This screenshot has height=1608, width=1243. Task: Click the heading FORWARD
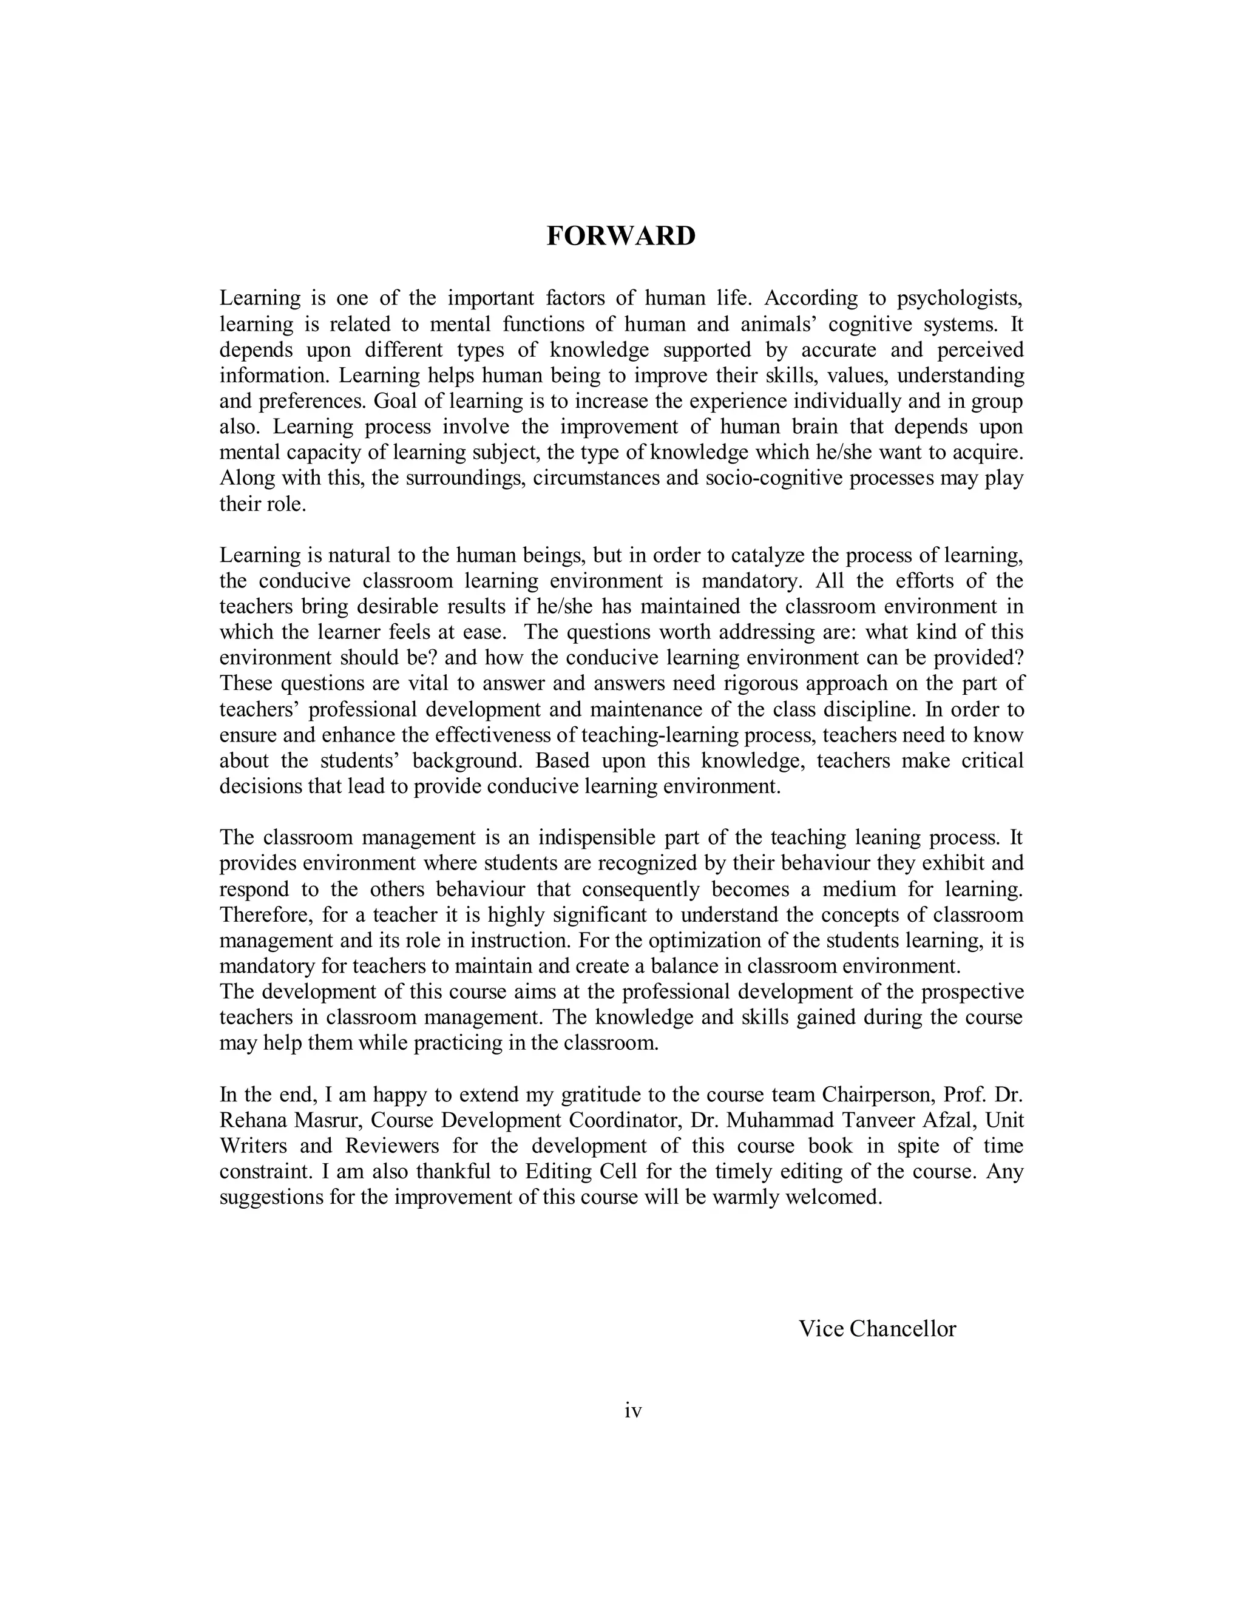tap(621, 236)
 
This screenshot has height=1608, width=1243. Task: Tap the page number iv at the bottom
tap(632, 1411)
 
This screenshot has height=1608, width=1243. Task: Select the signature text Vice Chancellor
tap(877, 1328)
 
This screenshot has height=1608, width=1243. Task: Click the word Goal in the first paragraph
tap(397, 401)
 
